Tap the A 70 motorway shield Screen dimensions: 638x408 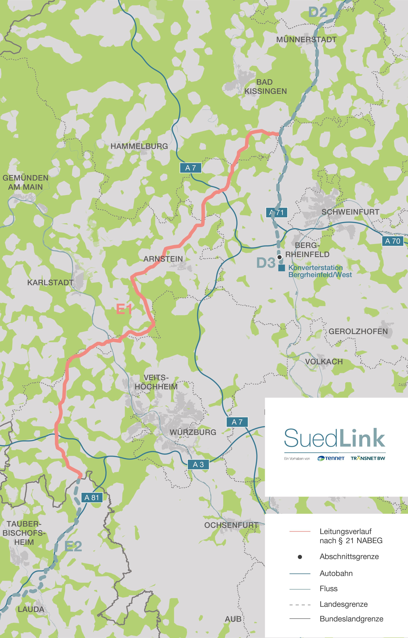pos(393,241)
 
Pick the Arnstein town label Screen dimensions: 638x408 pos(163,259)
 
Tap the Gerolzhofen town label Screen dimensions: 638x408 pos(358,331)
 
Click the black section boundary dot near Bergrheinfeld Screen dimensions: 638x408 pos(279,257)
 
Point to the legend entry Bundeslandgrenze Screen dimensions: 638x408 pos(351,619)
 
